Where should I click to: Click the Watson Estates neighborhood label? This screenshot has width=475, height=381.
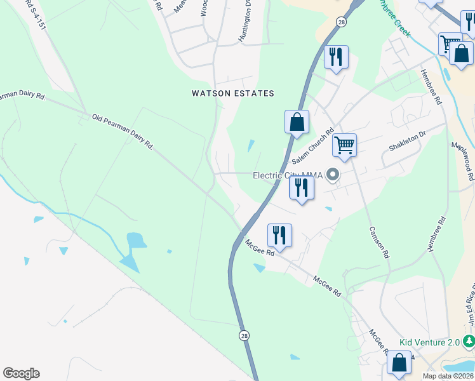coord(233,93)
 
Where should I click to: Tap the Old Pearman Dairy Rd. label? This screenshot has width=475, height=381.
coord(123,131)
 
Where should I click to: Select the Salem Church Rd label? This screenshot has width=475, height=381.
coord(313,148)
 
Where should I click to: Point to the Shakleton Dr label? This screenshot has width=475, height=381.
coord(406,142)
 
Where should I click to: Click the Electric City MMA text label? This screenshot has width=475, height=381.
coord(287,176)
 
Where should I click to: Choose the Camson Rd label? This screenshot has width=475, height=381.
coord(378,243)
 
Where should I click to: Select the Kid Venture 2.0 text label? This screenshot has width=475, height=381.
coord(429,342)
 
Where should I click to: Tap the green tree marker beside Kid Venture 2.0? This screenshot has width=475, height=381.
coord(469,342)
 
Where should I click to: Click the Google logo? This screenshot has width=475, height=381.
coord(21,373)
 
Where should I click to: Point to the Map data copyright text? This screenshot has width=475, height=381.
coord(448,376)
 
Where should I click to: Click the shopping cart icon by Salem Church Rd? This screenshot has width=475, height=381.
coord(344,144)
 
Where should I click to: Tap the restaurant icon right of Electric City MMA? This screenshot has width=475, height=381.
coord(302,187)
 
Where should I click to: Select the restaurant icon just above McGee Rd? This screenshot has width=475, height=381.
coord(279,234)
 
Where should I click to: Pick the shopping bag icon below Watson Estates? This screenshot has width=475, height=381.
coord(297,121)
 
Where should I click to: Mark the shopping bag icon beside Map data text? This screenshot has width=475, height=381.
coord(399,364)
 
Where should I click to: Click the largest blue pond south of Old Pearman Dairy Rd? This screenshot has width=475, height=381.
coord(135,241)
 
